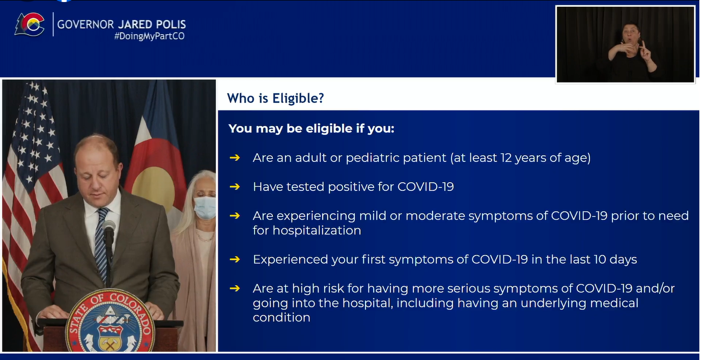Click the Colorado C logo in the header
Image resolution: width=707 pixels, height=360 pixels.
click(30, 24)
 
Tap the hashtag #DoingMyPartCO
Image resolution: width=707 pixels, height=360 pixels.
click(149, 36)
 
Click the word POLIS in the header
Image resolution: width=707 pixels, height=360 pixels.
click(170, 24)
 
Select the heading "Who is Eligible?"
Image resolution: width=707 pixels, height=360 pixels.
click(275, 98)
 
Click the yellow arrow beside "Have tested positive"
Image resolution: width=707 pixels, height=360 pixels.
click(235, 187)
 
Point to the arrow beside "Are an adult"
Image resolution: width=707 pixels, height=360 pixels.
click(235, 157)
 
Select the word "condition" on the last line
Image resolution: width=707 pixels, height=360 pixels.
click(281, 317)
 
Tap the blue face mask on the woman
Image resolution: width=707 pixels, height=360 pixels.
click(205, 207)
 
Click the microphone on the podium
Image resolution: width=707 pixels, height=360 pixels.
click(109, 228)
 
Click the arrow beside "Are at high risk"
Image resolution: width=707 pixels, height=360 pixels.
click(235, 288)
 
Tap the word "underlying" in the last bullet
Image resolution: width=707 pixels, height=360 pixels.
click(553, 303)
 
